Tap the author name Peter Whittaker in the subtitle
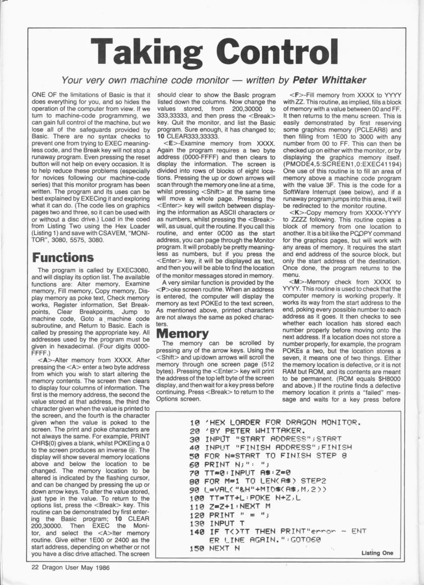(330, 80)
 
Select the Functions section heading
(63, 258)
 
